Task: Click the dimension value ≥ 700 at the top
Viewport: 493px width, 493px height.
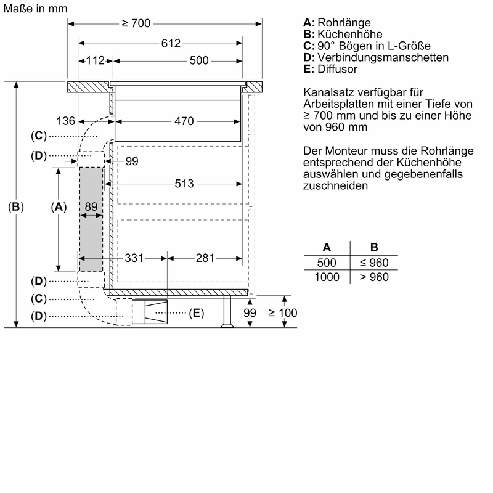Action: (x=136, y=23)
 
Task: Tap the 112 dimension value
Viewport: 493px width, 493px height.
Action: (x=96, y=60)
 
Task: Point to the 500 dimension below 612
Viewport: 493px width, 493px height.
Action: (x=199, y=60)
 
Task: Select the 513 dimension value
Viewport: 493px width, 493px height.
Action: (x=184, y=184)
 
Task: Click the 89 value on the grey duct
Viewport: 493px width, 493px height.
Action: (x=91, y=207)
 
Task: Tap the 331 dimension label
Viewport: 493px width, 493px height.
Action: (x=134, y=258)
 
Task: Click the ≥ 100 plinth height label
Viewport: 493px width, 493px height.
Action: (x=283, y=313)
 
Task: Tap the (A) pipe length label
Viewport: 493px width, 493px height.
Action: (x=58, y=207)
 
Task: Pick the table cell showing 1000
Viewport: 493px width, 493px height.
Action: (x=327, y=277)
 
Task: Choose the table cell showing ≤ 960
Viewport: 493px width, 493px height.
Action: (x=374, y=263)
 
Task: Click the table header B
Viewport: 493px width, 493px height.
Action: (x=374, y=247)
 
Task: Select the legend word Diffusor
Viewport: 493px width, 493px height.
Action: (x=339, y=68)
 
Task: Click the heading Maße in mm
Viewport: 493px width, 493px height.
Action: (x=35, y=9)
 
